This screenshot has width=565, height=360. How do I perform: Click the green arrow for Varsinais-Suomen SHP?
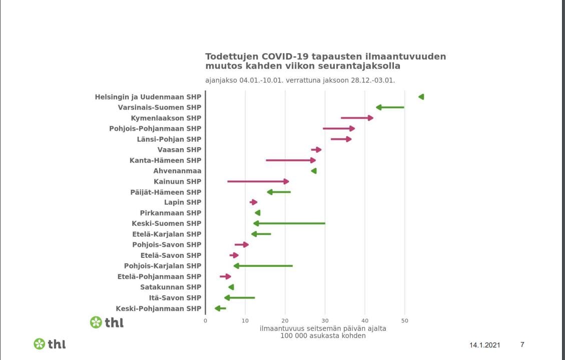click(390, 107)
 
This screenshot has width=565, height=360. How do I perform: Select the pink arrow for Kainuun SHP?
click(258, 181)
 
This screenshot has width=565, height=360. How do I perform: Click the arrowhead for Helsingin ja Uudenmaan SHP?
click(421, 97)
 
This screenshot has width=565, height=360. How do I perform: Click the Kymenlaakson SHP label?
click(166, 118)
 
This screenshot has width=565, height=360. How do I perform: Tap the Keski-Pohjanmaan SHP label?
click(158, 308)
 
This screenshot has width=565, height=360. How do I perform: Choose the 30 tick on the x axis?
click(325, 320)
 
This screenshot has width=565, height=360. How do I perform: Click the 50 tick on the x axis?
click(405, 320)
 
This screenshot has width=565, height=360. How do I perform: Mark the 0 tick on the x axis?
click(205, 320)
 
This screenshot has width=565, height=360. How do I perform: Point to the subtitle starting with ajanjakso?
click(300, 80)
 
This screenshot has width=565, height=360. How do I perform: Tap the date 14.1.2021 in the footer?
click(484, 345)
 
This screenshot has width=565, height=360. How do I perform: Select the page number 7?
click(522, 344)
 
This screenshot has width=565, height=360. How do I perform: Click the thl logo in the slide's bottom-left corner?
click(49, 344)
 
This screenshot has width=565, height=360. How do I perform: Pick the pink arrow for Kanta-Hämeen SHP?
click(290, 160)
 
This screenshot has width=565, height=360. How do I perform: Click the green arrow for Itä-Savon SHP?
click(240, 297)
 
